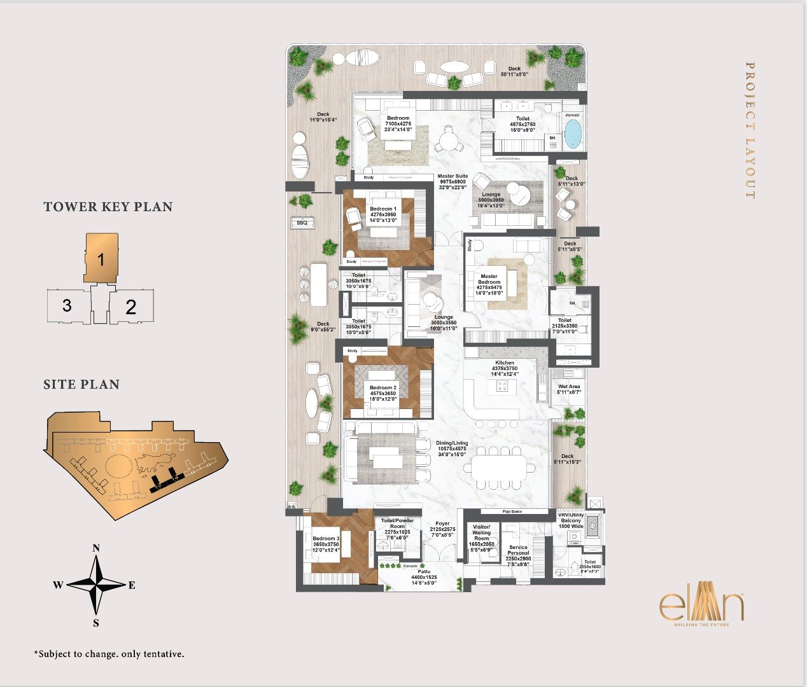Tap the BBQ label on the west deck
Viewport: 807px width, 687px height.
[x=302, y=223]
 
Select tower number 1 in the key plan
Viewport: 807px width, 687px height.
[x=101, y=259]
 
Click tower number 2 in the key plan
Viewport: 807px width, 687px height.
[x=131, y=307]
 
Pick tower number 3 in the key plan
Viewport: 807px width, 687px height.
[x=67, y=305]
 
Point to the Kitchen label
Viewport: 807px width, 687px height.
[x=505, y=363]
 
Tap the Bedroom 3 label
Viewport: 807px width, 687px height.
[x=326, y=539]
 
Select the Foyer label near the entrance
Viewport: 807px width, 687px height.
[x=442, y=524]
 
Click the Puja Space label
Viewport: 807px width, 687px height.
[x=512, y=511]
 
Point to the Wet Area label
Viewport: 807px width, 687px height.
[x=569, y=387]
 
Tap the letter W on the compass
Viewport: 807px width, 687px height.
[x=57, y=585]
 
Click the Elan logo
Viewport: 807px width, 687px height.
[x=701, y=607]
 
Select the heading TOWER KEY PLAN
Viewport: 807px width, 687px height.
[x=108, y=207]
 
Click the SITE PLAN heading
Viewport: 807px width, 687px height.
[x=81, y=384]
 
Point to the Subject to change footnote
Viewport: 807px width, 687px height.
[x=109, y=654]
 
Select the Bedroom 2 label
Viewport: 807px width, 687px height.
[x=383, y=387]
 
